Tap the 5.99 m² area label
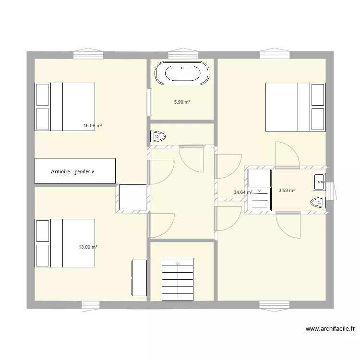182,102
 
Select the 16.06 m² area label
93,126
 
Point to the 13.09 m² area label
88,247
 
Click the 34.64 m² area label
243,192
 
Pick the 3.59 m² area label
287,190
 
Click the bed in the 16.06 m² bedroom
65,107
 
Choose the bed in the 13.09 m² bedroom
65,243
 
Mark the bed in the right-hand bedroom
296,107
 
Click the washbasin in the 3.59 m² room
320,182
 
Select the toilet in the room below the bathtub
157,137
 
